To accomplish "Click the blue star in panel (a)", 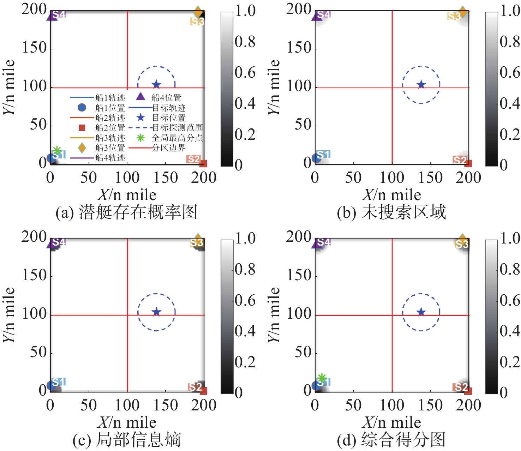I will click(x=156, y=84).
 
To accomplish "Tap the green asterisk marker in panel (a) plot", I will click(x=57, y=151).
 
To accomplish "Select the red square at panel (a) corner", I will click(x=203, y=163).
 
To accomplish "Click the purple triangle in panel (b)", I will click(x=317, y=16).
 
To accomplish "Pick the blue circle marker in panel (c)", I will click(x=52, y=386).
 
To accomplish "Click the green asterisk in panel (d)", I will click(x=322, y=378).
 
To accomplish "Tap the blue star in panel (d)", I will click(x=421, y=312).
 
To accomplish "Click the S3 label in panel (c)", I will click(x=197, y=242).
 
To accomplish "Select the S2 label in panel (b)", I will click(x=460, y=160).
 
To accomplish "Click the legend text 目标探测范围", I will click(x=177, y=127).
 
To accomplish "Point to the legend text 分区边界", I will click(x=169, y=148).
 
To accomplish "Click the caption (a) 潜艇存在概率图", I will click(x=126, y=212).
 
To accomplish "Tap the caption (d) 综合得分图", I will click(x=391, y=440).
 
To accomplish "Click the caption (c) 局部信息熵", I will click(x=126, y=440).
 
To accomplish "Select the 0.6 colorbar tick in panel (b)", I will click(x=510, y=73).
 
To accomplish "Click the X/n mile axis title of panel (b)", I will click(x=391, y=195).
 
